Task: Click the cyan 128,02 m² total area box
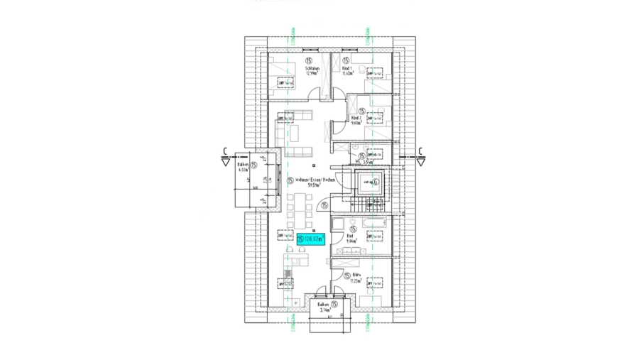point(311,240)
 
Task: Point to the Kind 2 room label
point(359,120)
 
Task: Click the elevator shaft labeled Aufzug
point(370,182)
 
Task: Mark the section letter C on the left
point(224,150)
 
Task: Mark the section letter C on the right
point(420,150)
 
